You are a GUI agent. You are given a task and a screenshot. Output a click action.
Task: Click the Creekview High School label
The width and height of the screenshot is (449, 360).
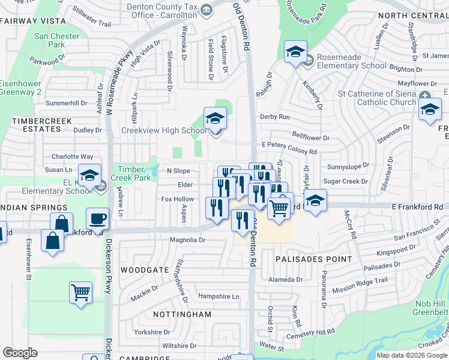[164, 130]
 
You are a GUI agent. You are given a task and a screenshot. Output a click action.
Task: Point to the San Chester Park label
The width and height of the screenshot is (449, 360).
[56, 40]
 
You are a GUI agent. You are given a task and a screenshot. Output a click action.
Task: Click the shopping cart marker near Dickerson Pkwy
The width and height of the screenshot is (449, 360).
[80, 293]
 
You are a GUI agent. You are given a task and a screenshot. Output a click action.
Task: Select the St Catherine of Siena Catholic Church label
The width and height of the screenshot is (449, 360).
[377, 98]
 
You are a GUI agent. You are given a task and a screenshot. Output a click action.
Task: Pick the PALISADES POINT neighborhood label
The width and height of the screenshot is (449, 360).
[314, 259]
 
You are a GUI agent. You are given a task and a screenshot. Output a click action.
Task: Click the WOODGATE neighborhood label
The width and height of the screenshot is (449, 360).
[145, 270]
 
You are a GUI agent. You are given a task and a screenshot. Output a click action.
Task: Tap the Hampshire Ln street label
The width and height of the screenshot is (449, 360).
[218, 296]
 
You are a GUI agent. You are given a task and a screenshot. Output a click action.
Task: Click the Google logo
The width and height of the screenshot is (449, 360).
[20, 353]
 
